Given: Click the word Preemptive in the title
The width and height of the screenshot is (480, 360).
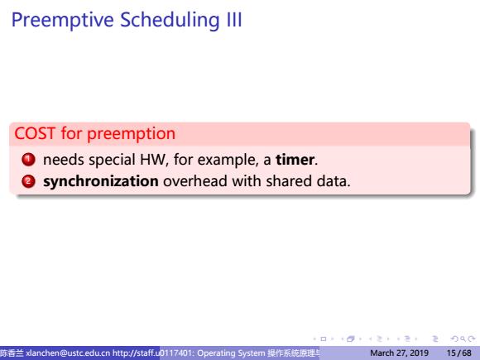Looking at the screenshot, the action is (x=63, y=21).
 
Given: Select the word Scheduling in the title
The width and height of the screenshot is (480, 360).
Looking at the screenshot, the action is (x=170, y=21).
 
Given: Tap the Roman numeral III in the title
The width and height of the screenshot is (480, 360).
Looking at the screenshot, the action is (x=234, y=20).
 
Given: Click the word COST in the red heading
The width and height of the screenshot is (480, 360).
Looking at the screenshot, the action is (x=35, y=133).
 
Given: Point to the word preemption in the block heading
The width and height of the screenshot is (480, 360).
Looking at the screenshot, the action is (x=132, y=135).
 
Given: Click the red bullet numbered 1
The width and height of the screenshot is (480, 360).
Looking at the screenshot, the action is (x=28, y=159).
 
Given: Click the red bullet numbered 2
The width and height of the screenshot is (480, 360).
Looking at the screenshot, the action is (x=28, y=181).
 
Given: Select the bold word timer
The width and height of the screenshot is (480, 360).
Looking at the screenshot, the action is (x=295, y=160).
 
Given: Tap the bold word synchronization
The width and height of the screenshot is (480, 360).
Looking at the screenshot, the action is (x=101, y=181).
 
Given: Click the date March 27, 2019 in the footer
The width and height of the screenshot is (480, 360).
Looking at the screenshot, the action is (x=399, y=353).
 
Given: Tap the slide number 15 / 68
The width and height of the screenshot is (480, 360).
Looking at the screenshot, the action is (x=458, y=353).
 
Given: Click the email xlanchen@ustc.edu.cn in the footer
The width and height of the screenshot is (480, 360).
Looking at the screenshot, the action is (x=68, y=353).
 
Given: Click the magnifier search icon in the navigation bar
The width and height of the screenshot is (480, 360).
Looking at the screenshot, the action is (x=463, y=338).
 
